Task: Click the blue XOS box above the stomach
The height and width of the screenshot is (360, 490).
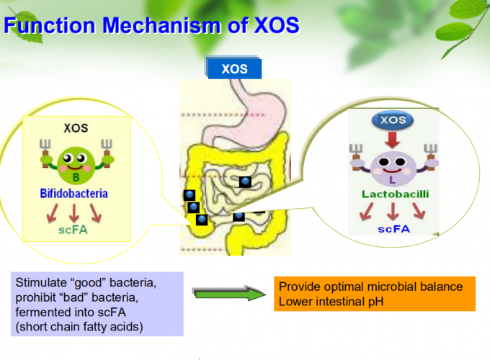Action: [x=234, y=68]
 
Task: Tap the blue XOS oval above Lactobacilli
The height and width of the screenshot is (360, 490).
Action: [x=393, y=120]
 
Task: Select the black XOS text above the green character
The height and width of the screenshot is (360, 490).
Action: [x=76, y=128]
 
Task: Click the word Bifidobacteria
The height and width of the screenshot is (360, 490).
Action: [x=74, y=194]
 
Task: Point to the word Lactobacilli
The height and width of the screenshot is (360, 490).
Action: [x=396, y=194]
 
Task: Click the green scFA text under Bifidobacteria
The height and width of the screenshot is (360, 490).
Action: [x=73, y=230]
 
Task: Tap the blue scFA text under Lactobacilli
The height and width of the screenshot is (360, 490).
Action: [x=393, y=229]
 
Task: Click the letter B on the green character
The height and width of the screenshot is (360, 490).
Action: [x=76, y=178]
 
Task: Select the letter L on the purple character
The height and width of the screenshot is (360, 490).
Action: [x=392, y=179]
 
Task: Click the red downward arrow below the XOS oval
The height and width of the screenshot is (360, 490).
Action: [x=393, y=140]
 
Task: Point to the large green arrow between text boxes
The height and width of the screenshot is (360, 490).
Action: [x=228, y=293]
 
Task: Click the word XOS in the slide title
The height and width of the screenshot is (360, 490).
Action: [x=277, y=25]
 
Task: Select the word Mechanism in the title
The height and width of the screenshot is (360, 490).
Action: [x=162, y=25]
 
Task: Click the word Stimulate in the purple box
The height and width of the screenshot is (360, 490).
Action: [x=41, y=282]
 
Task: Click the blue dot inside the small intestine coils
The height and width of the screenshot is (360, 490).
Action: [x=245, y=181]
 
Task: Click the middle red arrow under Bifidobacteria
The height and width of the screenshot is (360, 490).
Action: [x=74, y=213]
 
